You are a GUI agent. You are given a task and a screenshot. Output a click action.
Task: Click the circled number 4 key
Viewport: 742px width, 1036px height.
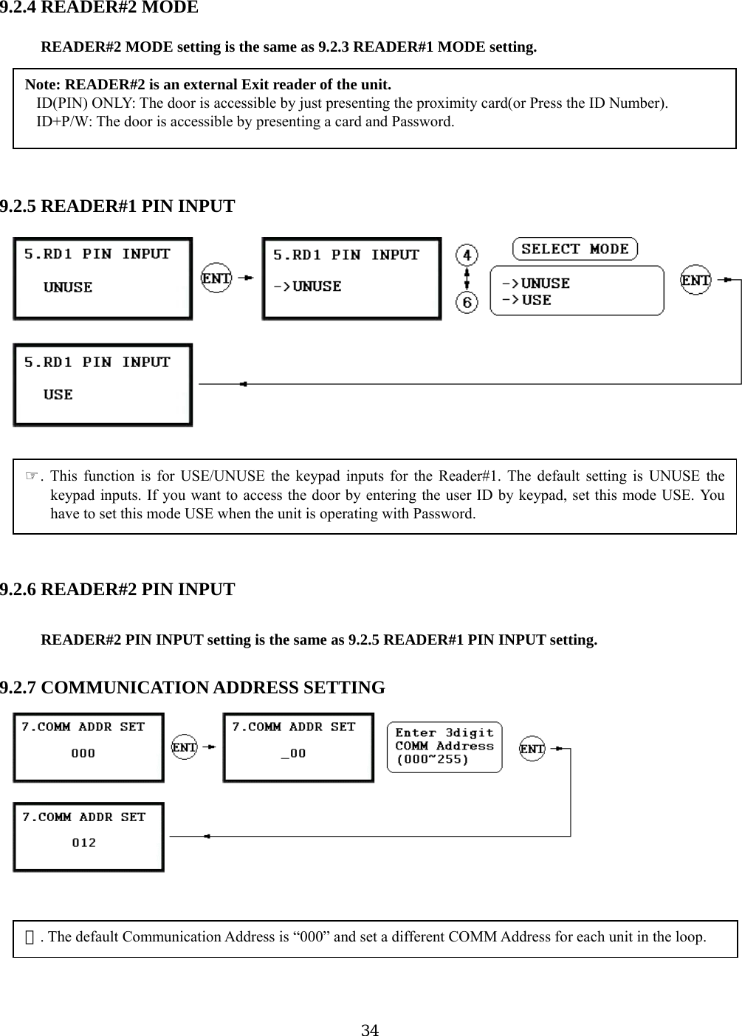pyautogui.click(x=467, y=256)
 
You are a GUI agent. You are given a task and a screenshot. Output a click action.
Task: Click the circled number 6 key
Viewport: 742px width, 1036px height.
pyautogui.click(x=467, y=302)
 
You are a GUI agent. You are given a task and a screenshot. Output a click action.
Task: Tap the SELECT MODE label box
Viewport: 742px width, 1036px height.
pyautogui.click(x=574, y=249)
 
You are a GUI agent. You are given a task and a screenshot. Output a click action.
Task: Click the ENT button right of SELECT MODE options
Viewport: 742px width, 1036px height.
pyautogui.click(x=695, y=281)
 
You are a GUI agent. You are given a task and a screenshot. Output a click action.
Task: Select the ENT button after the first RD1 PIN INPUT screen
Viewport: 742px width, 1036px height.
pyautogui.click(x=216, y=278)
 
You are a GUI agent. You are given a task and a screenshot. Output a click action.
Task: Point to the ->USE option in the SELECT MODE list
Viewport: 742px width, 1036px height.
pyautogui.click(x=527, y=301)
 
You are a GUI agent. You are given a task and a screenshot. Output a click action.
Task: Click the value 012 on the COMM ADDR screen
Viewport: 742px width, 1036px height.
pyautogui.click(x=84, y=843)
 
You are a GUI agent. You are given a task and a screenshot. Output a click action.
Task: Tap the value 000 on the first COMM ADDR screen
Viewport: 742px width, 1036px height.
pyautogui.click(x=83, y=753)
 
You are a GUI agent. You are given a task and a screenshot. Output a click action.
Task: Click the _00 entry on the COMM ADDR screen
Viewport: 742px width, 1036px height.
pyautogui.click(x=293, y=753)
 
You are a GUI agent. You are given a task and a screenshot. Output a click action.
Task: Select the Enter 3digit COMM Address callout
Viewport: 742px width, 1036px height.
pyautogui.click(x=444, y=747)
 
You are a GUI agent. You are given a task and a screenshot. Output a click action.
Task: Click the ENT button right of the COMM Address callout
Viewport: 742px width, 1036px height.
pyautogui.click(x=532, y=749)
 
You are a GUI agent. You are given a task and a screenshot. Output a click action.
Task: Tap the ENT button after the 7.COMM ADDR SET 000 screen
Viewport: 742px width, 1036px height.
pyautogui.click(x=185, y=747)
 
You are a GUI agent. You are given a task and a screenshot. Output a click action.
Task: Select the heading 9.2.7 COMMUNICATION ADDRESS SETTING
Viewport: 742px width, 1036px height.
pyautogui.click(x=193, y=688)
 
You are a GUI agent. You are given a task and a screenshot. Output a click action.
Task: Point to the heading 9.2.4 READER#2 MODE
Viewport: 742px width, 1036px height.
pyautogui.click(x=99, y=8)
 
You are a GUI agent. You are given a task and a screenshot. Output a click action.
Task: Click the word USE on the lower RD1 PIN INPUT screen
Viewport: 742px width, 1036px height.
pyautogui.click(x=58, y=394)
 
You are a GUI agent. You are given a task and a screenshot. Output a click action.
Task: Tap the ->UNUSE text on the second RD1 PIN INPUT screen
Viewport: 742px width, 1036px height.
pyautogui.click(x=307, y=287)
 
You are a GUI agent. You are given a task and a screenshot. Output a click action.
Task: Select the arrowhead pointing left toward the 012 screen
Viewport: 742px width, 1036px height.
pyautogui.click(x=207, y=836)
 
